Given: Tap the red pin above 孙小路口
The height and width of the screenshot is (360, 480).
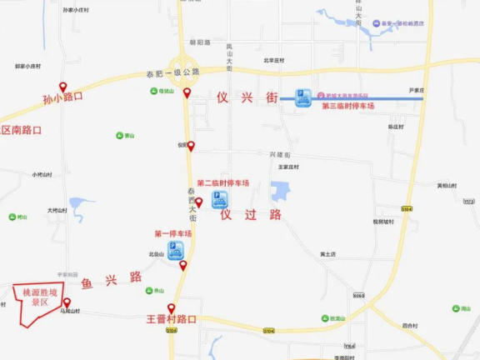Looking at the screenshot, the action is point(62,87).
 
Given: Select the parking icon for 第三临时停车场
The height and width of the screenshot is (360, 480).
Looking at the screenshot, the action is point(303,98).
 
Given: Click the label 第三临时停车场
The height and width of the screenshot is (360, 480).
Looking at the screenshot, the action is point(347,107).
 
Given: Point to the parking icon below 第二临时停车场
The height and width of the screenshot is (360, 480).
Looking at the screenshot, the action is point(220,199).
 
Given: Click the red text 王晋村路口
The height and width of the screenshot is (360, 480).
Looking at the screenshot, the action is point(171,319).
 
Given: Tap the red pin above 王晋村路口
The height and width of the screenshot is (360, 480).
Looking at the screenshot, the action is point(172,307).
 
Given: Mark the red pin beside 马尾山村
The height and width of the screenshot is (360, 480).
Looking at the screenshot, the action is point(67,302).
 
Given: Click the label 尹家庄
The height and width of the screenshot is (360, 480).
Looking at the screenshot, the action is point(417,90).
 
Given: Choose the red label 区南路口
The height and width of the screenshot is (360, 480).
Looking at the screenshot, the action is point(21,130).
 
